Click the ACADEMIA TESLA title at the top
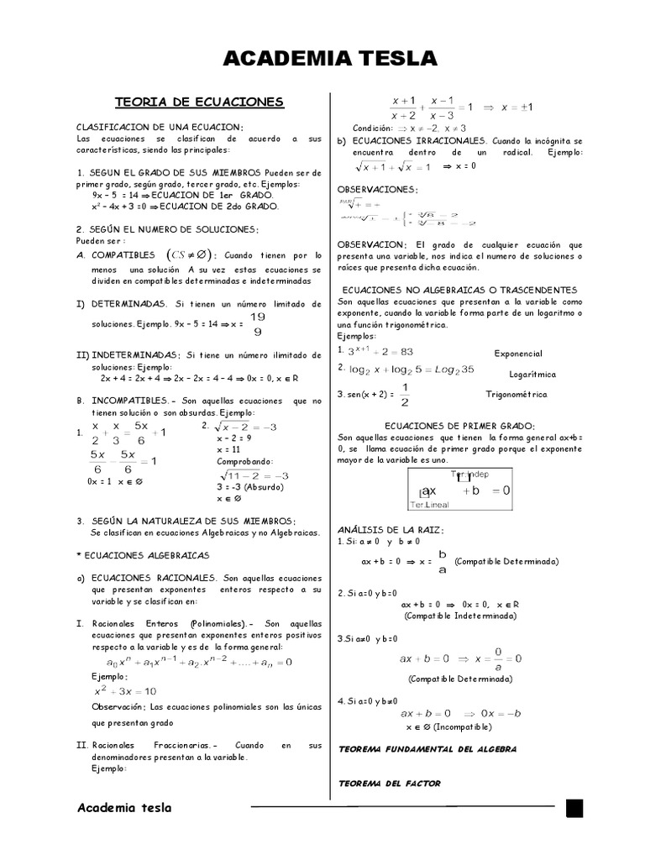click(x=330, y=58)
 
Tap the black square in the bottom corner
click(x=574, y=808)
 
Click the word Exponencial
click(x=520, y=354)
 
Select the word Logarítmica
click(x=532, y=374)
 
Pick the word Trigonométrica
click(x=517, y=394)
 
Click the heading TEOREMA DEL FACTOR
click(x=389, y=784)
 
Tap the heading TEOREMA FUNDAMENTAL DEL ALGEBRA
click(x=427, y=748)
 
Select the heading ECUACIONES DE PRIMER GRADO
click(x=459, y=427)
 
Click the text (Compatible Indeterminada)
click(x=460, y=616)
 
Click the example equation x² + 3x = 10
click(x=124, y=691)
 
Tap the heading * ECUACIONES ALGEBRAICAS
click(x=142, y=555)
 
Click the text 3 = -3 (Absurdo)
click(x=250, y=486)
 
